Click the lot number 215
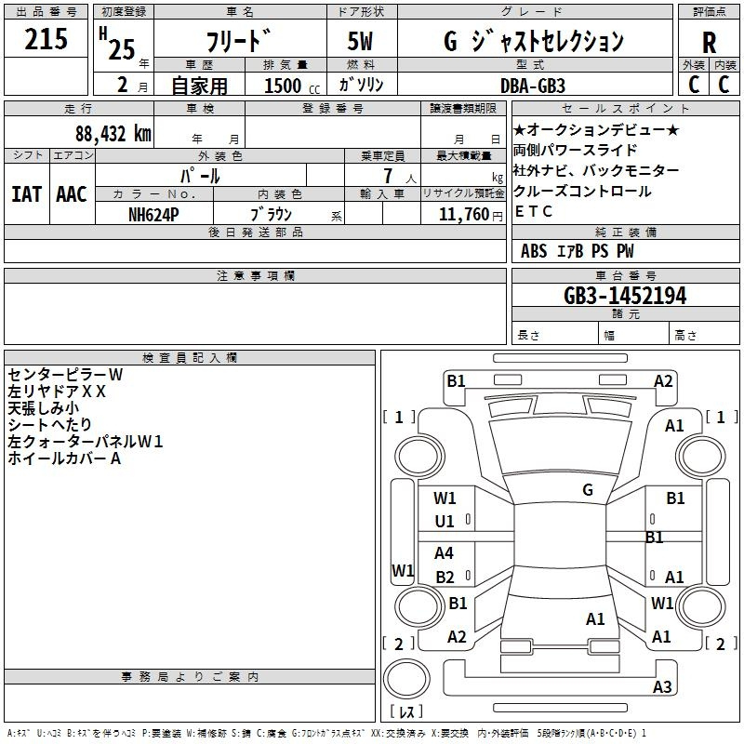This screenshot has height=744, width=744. point(46,38)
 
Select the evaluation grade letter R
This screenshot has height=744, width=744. point(709,43)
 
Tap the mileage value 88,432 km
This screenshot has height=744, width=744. point(113,134)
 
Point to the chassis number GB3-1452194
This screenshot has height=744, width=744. point(625,296)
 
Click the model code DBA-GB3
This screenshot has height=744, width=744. point(533,86)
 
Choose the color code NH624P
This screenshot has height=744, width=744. point(153,215)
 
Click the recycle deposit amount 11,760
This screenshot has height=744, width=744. point(464,215)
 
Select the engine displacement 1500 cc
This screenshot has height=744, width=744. point(292,86)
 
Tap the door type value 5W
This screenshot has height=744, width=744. point(360,41)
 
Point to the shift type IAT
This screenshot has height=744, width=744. point(27,194)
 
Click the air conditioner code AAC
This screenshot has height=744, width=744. point(72,194)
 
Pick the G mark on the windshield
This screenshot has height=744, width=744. point(588,490)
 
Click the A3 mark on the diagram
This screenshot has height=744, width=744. point(662,686)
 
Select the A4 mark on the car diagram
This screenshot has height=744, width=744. point(445,552)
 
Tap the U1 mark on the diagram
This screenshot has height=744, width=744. point(445,522)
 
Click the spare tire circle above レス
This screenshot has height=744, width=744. point(406,678)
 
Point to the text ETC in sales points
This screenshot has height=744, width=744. point(533,211)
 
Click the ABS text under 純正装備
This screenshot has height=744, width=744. point(534,251)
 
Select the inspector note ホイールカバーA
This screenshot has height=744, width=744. point(64,458)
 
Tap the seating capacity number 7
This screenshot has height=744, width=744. point(388,176)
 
